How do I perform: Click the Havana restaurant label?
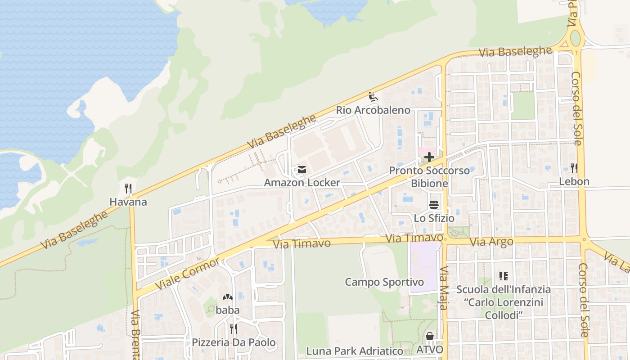coord(128,202)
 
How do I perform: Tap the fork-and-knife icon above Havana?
coord(128,188)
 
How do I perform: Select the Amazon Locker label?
coord(302,183)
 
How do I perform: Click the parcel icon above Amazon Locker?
coord(302,170)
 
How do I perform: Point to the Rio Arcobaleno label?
coord(373,110)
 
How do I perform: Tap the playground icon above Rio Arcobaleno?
coord(373,96)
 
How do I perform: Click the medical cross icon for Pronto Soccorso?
coord(429,157)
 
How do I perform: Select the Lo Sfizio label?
coord(434,218)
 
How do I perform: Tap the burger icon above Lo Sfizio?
coord(434,205)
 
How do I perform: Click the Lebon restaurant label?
coord(574,182)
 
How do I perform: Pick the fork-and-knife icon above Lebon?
coord(574,168)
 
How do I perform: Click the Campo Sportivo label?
coord(384,282)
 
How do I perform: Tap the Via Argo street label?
coord(491,242)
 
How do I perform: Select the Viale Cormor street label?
coord(188,274)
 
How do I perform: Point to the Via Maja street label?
coord(444,288)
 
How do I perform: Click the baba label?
coord(228,310)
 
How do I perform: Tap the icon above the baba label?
coord(228,297)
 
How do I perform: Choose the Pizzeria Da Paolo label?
coord(234,342)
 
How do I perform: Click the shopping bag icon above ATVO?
coord(430,336)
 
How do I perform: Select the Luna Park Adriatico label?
coord(355,351)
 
